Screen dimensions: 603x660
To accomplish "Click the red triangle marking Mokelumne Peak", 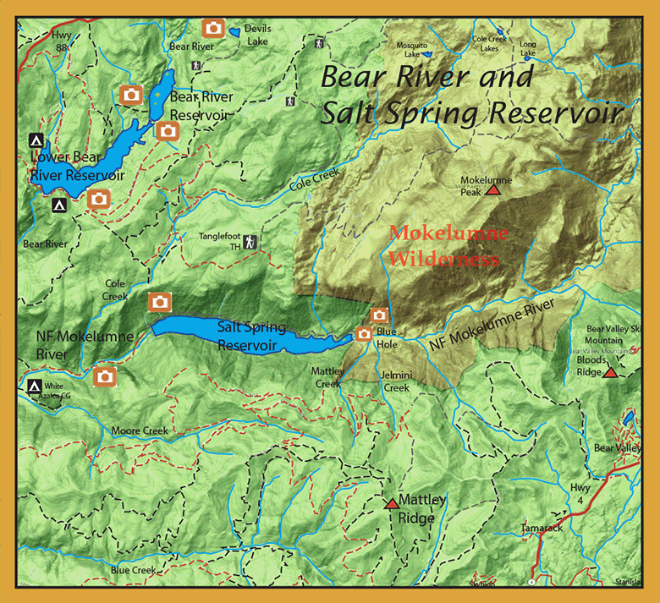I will tap(493, 191).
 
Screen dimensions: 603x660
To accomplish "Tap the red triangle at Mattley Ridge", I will tap(391, 503).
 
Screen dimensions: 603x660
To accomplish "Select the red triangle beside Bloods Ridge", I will tap(610, 372).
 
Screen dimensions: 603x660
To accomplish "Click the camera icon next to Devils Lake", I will tap(213, 29).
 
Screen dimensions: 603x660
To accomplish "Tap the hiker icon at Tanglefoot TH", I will tap(250, 243).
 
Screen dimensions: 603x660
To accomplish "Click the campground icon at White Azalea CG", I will tap(35, 386).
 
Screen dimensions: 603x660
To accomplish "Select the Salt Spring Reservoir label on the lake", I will tap(251, 335).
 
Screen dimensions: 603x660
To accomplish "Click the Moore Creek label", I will tap(140, 430).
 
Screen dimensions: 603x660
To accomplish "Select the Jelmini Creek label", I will tap(395, 381).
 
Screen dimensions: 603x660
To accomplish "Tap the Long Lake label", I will tap(529, 48).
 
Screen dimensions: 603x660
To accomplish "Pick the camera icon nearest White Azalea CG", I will tap(105, 376).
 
